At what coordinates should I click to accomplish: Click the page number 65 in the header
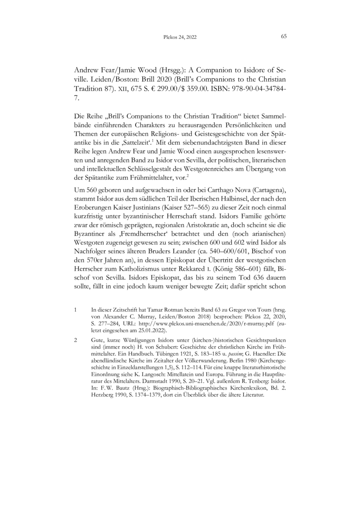(284, 37)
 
